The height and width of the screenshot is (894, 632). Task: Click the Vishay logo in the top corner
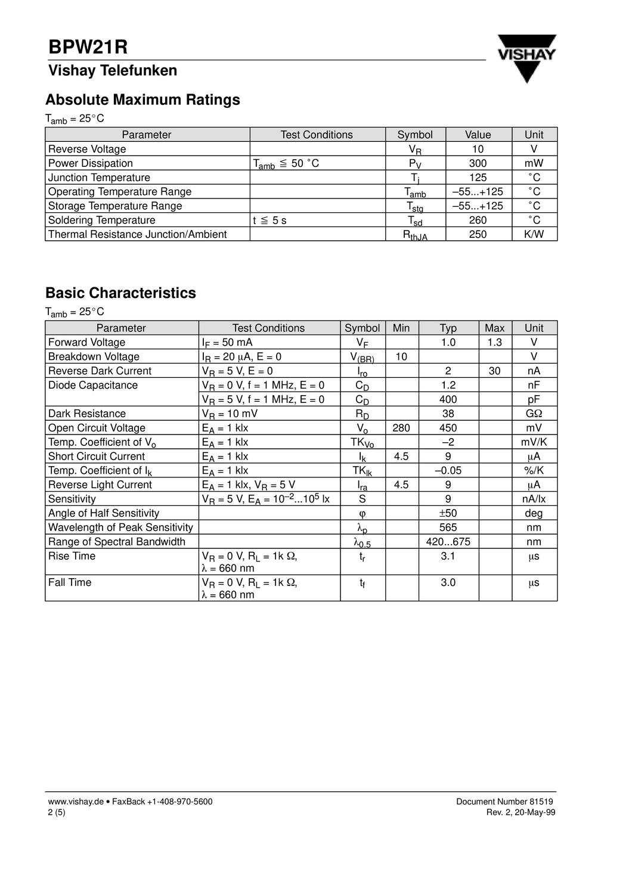point(526,57)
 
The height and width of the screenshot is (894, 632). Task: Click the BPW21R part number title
point(88,47)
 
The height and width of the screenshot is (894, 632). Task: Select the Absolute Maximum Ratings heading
point(142,100)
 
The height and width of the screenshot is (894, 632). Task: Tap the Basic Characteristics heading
point(120,293)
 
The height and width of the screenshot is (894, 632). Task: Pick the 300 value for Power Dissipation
point(478,163)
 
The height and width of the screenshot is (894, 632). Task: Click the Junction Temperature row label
point(99,178)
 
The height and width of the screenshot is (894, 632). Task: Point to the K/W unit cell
point(534,234)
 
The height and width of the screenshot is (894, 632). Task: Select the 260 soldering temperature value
point(478,220)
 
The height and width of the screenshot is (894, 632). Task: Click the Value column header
point(478,135)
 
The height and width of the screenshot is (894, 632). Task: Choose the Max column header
point(494,328)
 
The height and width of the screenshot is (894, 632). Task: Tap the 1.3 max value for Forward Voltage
point(494,342)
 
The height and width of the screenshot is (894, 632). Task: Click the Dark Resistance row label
point(87,414)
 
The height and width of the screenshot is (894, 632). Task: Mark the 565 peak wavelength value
point(448,527)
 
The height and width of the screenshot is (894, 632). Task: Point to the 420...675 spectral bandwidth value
point(448,542)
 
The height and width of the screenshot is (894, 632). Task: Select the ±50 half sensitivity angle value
point(448,513)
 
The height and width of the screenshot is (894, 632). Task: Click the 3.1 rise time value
point(448,556)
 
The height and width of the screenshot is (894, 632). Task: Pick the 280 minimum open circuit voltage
point(401,428)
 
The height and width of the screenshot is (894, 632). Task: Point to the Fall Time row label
point(70,582)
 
